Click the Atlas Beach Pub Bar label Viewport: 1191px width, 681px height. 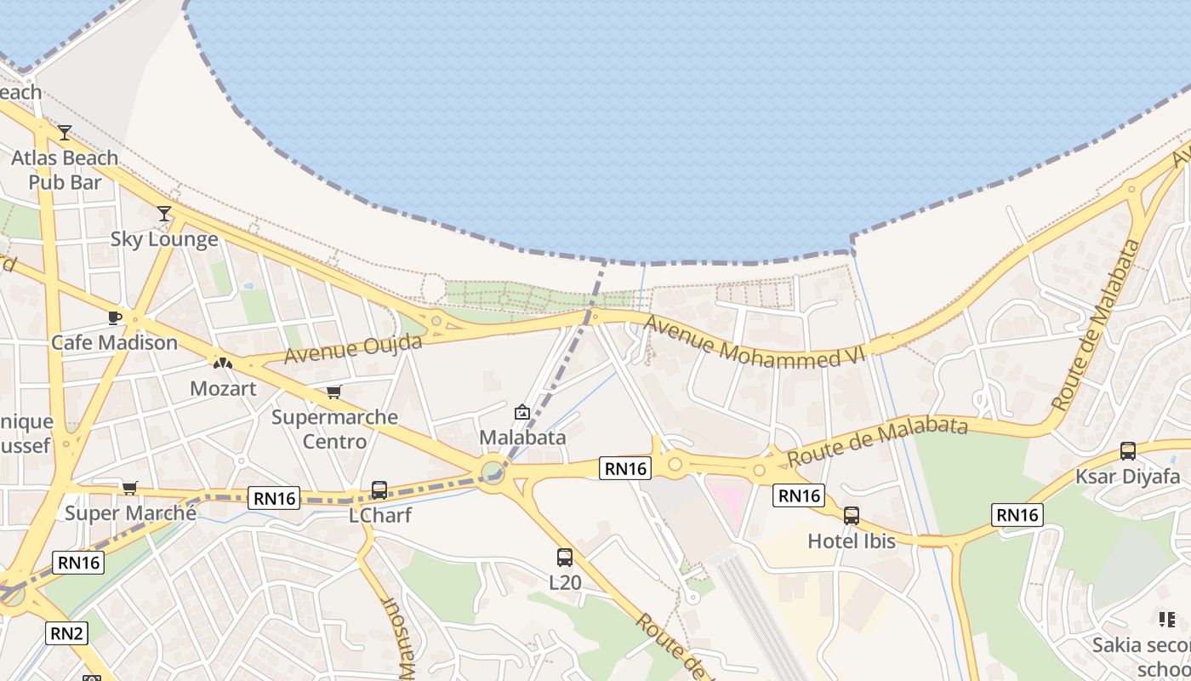point(65,170)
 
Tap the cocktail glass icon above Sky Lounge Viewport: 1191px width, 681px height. point(164,214)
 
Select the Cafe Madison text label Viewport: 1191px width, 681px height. point(114,343)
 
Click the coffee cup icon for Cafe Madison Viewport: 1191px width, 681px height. point(115,318)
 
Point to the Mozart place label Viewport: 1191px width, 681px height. point(223,389)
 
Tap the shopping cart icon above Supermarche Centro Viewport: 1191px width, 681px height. point(334,392)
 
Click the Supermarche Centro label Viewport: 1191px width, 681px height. point(334,429)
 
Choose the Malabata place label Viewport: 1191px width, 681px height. point(522,438)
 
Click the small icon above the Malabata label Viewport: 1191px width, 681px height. point(522,413)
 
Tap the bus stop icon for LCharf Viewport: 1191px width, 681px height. point(379,490)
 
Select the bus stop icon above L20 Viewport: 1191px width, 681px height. point(565,558)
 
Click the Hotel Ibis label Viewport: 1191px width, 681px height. point(852,541)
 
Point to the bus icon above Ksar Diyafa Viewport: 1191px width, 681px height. point(1128,451)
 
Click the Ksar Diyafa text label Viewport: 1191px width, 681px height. point(1128,476)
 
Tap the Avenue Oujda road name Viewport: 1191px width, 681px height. point(353,349)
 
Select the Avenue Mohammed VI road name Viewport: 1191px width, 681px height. point(754,342)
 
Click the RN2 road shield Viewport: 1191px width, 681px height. point(66,632)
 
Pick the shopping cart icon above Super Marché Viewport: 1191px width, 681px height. point(129,488)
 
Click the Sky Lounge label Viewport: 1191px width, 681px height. point(164,239)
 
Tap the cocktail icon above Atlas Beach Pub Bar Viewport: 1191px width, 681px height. point(65,133)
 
